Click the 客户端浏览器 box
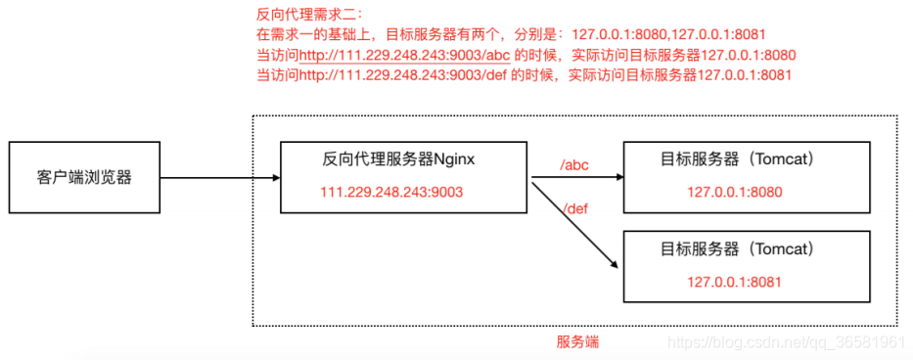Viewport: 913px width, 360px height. pos(84,178)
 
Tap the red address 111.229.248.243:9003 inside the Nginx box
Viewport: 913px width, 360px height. pos(391,192)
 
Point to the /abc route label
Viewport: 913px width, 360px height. pos(574,164)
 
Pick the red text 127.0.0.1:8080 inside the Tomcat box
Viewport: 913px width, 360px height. pos(734,192)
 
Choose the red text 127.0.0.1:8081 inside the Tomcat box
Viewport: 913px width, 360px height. pos(734,282)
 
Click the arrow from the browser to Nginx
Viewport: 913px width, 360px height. pos(219,178)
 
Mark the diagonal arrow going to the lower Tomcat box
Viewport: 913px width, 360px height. pos(575,224)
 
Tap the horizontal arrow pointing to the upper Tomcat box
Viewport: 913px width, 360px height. pos(576,178)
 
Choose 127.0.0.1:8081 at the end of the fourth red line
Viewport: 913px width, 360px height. pos(744,74)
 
